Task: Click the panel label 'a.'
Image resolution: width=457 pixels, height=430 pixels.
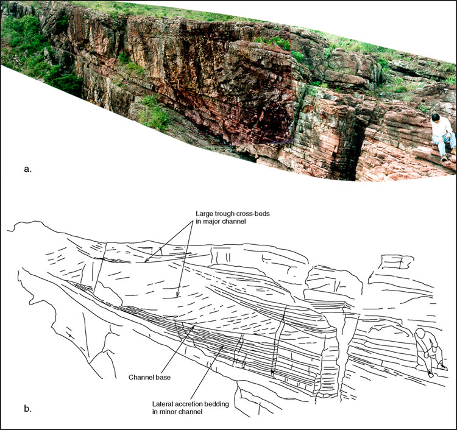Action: [27, 169]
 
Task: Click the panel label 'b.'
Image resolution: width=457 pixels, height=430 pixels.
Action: [27, 409]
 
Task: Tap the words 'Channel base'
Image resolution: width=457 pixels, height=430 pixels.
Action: [149, 377]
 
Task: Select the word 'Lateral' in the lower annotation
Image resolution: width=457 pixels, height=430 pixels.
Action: [161, 404]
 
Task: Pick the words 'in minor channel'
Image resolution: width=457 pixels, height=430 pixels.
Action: [177, 412]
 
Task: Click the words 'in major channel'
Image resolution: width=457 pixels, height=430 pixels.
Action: [221, 222]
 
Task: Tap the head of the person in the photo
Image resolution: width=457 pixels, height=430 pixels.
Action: [436, 118]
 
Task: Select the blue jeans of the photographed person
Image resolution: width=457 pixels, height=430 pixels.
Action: [443, 144]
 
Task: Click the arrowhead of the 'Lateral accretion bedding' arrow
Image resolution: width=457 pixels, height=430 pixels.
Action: [223, 345]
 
